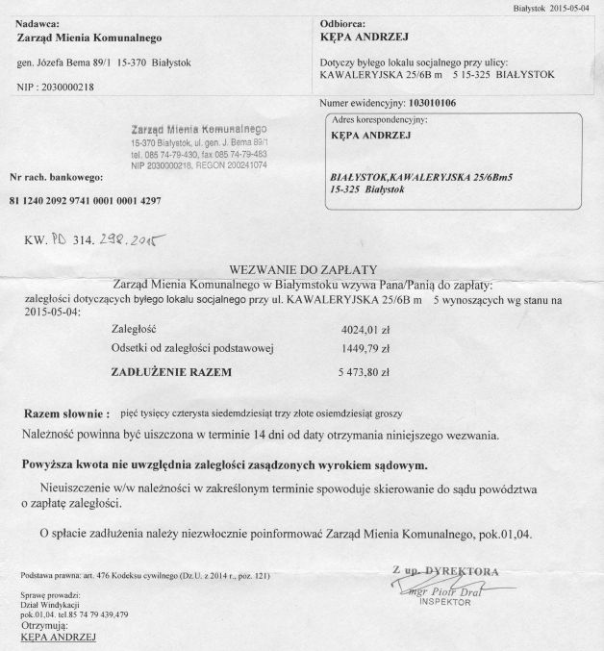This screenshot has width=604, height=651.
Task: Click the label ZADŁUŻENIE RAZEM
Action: click(x=171, y=369)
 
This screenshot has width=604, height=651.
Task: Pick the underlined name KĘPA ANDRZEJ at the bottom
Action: click(x=57, y=636)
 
